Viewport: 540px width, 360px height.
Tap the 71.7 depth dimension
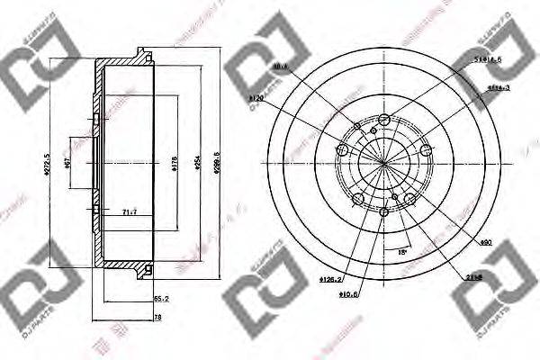tap(129, 212)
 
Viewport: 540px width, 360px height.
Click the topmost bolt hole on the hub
tap(384, 121)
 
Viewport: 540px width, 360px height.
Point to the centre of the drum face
tap(384, 163)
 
